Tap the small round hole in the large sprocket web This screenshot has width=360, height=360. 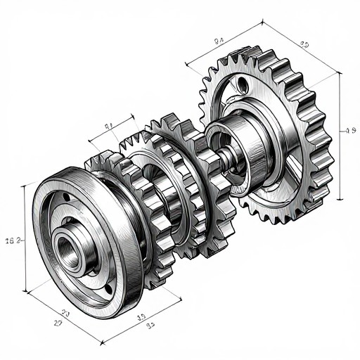pyautogui.click(x=243, y=86)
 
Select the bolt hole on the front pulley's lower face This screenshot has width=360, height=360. pyautogui.click(x=108, y=288)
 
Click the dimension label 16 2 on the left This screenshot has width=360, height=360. pyautogui.click(x=14, y=240)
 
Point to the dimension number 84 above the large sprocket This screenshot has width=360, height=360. pyautogui.click(x=219, y=41)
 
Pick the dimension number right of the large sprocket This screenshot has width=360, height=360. pyautogui.click(x=349, y=130)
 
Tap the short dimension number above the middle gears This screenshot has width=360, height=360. pyautogui.click(x=109, y=127)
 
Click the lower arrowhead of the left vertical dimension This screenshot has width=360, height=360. pyautogui.click(x=27, y=290)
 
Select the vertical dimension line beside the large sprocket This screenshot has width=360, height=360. pyautogui.click(x=340, y=134)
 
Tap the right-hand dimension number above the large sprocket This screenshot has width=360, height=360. pyautogui.click(x=304, y=44)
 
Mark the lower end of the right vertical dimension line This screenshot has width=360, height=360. pyautogui.click(x=340, y=201)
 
